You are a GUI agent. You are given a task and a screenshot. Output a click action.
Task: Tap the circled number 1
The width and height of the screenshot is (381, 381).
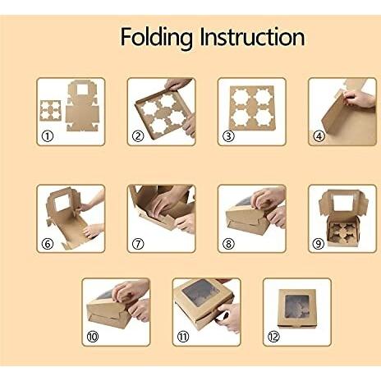(x=48, y=136)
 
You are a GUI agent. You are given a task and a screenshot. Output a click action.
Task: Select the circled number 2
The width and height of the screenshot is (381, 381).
(x=138, y=136)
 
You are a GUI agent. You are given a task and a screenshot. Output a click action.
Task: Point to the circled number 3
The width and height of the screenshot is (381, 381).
(x=228, y=136)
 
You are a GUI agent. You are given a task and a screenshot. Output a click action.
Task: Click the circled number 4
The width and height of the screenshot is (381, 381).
(x=319, y=136)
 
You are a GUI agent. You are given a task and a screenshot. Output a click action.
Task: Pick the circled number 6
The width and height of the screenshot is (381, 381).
(x=48, y=243)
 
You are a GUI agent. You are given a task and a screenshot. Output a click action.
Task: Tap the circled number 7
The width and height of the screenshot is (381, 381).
(x=138, y=243)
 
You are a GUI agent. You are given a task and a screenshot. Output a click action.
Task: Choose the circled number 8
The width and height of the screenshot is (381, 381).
(x=228, y=243)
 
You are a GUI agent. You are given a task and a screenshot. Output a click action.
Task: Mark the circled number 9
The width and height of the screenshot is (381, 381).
(x=319, y=243)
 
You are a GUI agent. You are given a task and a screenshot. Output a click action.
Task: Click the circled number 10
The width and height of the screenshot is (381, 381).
(x=93, y=336)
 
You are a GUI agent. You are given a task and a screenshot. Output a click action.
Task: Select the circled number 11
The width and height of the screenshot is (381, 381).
(x=183, y=336)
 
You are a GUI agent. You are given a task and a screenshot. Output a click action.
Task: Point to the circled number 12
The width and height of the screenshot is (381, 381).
(x=273, y=336)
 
